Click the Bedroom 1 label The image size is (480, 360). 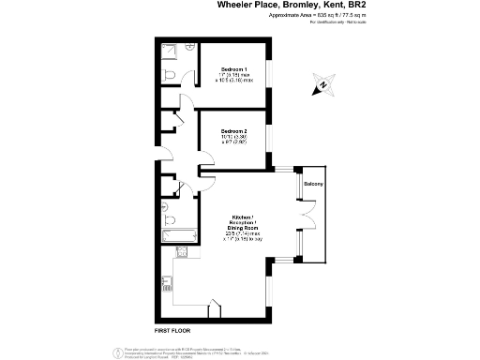click(234, 70)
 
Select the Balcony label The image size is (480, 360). click(313, 184)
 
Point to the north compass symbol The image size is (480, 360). click(323, 85)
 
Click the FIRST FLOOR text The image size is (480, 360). click(172, 332)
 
